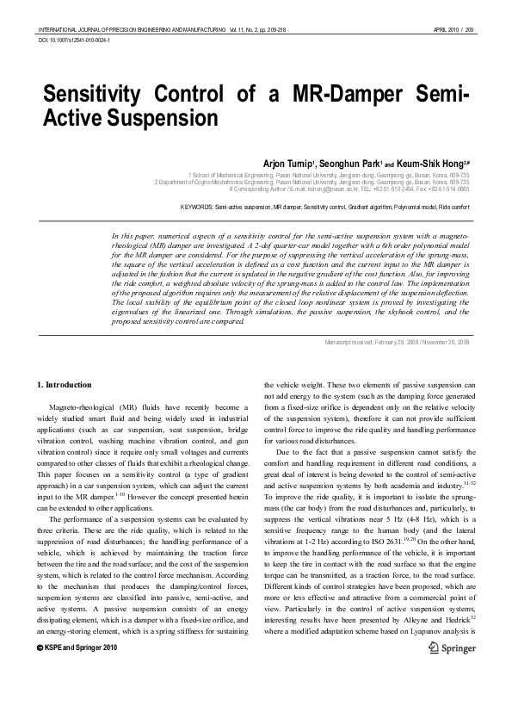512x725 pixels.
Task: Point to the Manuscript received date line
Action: pyautogui.click(x=397, y=342)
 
